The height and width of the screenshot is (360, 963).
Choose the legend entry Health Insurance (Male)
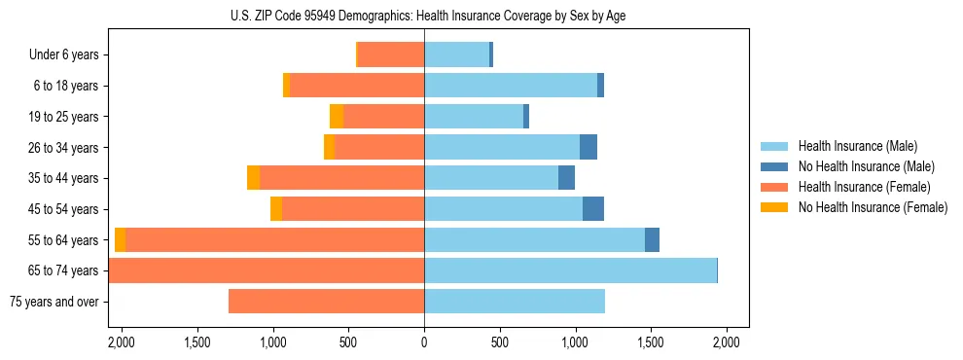[x=857, y=146]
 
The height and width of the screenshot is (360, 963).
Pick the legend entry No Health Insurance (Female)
[x=873, y=207]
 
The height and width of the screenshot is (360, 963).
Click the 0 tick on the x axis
[x=424, y=342]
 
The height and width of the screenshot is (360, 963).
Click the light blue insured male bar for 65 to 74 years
[x=570, y=270]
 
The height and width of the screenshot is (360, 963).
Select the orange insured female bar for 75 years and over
[x=326, y=302]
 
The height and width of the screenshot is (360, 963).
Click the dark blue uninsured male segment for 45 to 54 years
[x=592, y=209]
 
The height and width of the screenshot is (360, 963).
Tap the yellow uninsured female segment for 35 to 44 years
[x=253, y=178]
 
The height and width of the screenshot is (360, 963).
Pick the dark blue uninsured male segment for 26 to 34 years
[x=588, y=148]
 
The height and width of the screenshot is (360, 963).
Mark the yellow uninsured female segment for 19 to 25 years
[x=337, y=117]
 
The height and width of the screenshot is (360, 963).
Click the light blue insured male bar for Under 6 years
[x=456, y=55]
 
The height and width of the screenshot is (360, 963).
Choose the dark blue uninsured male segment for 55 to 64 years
[x=652, y=240]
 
